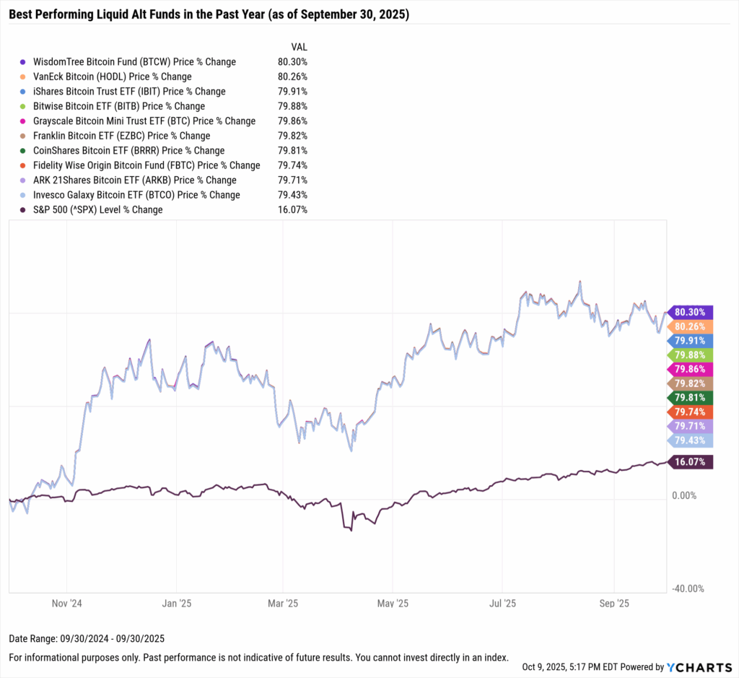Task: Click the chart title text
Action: point(209,14)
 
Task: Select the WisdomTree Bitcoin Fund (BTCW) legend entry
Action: point(135,62)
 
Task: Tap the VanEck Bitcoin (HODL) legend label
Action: point(113,77)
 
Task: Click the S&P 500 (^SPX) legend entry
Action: point(98,209)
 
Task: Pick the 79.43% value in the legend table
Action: point(292,195)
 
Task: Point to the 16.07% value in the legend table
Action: point(292,209)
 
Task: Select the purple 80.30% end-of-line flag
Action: point(691,313)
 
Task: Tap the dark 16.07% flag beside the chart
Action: point(691,462)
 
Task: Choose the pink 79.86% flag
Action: point(691,369)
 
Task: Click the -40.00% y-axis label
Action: point(688,588)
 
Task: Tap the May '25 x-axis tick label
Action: point(393,603)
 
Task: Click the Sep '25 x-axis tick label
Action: point(613,603)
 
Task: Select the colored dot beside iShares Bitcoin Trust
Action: point(24,92)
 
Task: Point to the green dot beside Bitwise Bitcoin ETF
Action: point(24,106)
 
